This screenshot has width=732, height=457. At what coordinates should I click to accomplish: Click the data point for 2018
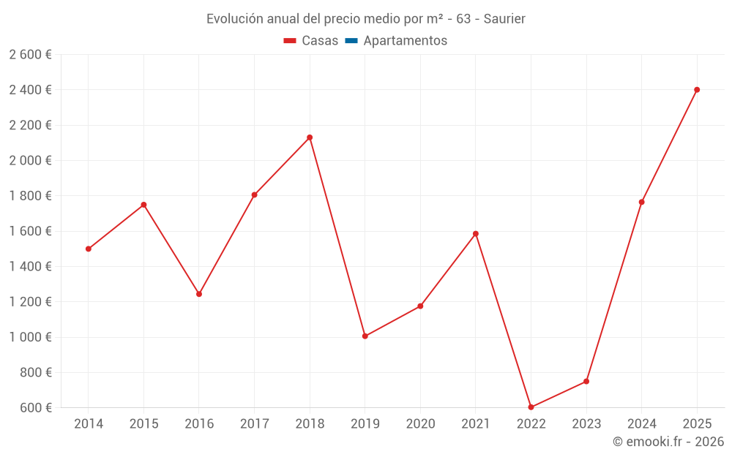point(310,137)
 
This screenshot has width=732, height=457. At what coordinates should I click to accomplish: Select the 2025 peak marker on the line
point(697,90)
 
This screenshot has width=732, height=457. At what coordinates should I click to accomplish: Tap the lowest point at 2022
point(531,407)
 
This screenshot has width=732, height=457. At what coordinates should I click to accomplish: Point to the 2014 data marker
point(89,249)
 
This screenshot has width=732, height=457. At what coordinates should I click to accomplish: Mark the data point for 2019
point(365,336)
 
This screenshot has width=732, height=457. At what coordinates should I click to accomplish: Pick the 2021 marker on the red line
point(476,234)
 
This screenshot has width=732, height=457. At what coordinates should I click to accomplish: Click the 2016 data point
point(199,294)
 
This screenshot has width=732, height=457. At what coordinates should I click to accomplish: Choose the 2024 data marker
point(642,202)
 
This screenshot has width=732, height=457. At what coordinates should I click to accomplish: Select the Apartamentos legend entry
point(405,41)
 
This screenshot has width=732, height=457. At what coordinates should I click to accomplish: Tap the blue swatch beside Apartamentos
point(351,41)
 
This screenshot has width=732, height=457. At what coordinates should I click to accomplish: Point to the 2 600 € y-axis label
point(30,54)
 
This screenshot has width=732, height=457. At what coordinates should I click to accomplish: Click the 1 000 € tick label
point(30,337)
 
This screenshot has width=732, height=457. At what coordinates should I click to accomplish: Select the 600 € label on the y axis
point(35,407)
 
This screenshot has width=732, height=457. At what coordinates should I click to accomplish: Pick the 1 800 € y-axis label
point(30,196)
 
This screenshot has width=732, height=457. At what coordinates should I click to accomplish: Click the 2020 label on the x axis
point(420,424)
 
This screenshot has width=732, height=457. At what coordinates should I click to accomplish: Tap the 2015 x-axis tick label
point(143,424)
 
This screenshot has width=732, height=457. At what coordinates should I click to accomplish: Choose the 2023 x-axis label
point(586,424)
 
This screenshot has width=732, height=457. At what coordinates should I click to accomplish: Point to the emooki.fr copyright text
point(668,442)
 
